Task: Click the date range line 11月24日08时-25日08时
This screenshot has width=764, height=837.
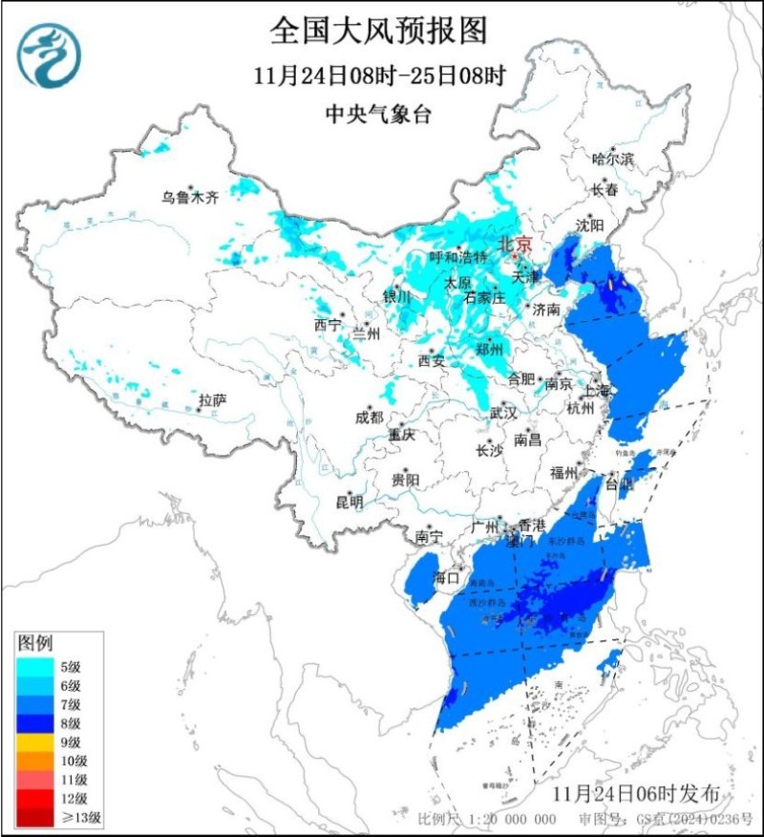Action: (x=379, y=75)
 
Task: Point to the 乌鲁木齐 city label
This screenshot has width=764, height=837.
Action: (x=189, y=198)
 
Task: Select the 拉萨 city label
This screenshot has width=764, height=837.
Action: (x=212, y=399)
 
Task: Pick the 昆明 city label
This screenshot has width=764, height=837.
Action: (x=349, y=502)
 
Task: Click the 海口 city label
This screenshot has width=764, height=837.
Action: (x=446, y=578)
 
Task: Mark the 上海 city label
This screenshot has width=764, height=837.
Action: (x=596, y=390)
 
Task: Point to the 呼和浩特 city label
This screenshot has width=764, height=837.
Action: (x=457, y=257)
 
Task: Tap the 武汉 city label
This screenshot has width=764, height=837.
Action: (x=502, y=413)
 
